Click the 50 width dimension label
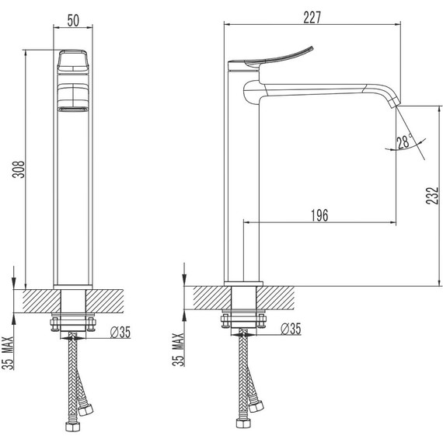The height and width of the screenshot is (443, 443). click(x=73, y=20)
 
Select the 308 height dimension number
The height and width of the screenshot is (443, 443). click(x=19, y=169)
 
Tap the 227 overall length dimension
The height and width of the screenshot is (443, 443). click(x=312, y=18)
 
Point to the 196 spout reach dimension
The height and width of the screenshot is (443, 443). click(x=319, y=215)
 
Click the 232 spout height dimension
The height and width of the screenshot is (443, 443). click(x=432, y=195)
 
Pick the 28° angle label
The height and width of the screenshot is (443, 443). click(x=405, y=141)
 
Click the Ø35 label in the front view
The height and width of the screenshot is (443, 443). click(x=120, y=332)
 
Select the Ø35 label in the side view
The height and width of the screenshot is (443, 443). click(x=291, y=329)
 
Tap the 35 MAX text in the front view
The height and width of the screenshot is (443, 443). click(x=8, y=353)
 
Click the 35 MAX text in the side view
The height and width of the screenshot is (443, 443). click(x=178, y=350)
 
